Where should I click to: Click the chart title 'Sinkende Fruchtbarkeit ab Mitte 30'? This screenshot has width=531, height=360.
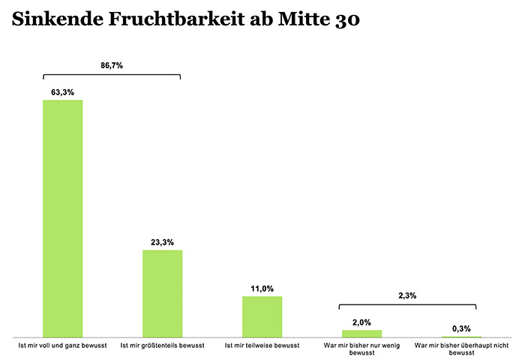(x=185, y=19)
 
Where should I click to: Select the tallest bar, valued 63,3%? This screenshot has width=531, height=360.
(x=63, y=218)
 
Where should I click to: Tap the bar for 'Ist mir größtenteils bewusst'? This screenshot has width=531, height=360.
(x=163, y=293)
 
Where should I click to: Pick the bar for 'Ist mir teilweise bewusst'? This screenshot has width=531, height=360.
(x=262, y=316)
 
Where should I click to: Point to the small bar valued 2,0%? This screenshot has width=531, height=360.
(x=361, y=334)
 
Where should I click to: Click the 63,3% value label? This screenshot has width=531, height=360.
(x=63, y=92)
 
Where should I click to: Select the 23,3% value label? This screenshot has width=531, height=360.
(x=163, y=242)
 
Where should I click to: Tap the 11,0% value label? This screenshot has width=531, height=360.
(x=262, y=289)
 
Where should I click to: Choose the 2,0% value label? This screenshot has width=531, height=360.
(x=361, y=322)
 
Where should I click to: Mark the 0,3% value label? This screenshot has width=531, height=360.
(x=461, y=328)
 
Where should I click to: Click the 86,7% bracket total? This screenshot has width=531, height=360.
(x=112, y=66)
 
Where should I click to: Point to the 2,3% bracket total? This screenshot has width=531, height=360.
(x=407, y=295)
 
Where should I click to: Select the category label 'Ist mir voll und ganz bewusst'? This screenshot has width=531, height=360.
(x=63, y=346)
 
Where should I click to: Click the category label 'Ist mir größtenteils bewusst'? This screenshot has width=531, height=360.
(x=163, y=346)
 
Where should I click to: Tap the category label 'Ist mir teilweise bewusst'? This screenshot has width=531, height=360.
(x=262, y=346)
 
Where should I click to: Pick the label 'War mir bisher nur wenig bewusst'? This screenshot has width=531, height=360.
(x=361, y=349)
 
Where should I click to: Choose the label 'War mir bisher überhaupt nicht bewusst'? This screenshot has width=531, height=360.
(x=461, y=349)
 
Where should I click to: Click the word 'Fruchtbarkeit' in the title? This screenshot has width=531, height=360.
(x=176, y=19)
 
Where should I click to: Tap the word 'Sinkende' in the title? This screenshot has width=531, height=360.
(x=58, y=19)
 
